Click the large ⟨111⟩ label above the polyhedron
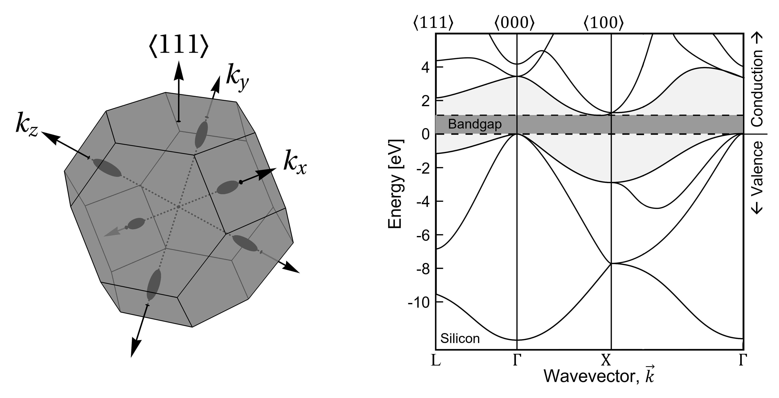178,47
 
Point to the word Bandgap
474,124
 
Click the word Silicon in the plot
460,338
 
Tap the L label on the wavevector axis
436,360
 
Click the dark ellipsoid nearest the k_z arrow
107,168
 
